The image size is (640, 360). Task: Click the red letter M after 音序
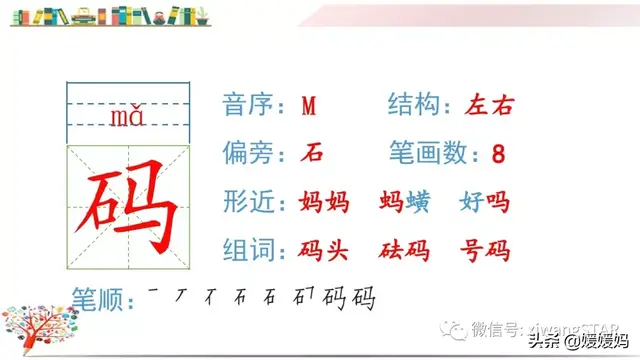point(308,106)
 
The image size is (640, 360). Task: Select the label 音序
point(251,106)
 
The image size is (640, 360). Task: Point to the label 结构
point(418,106)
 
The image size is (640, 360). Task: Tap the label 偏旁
point(251,154)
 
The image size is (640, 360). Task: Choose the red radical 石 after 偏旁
point(312,154)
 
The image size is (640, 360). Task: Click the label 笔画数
point(430,154)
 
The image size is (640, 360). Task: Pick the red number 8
point(499,155)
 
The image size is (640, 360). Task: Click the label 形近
point(251,202)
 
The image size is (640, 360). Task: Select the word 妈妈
point(324,202)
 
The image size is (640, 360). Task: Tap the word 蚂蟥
point(405,202)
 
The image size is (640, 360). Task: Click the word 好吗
point(485,202)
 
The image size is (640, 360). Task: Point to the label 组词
point(251,250)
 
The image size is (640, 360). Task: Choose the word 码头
point(324,250)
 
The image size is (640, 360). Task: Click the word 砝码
point(405,250)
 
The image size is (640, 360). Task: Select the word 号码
point(485,250)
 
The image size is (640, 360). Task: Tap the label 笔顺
point(98,297)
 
